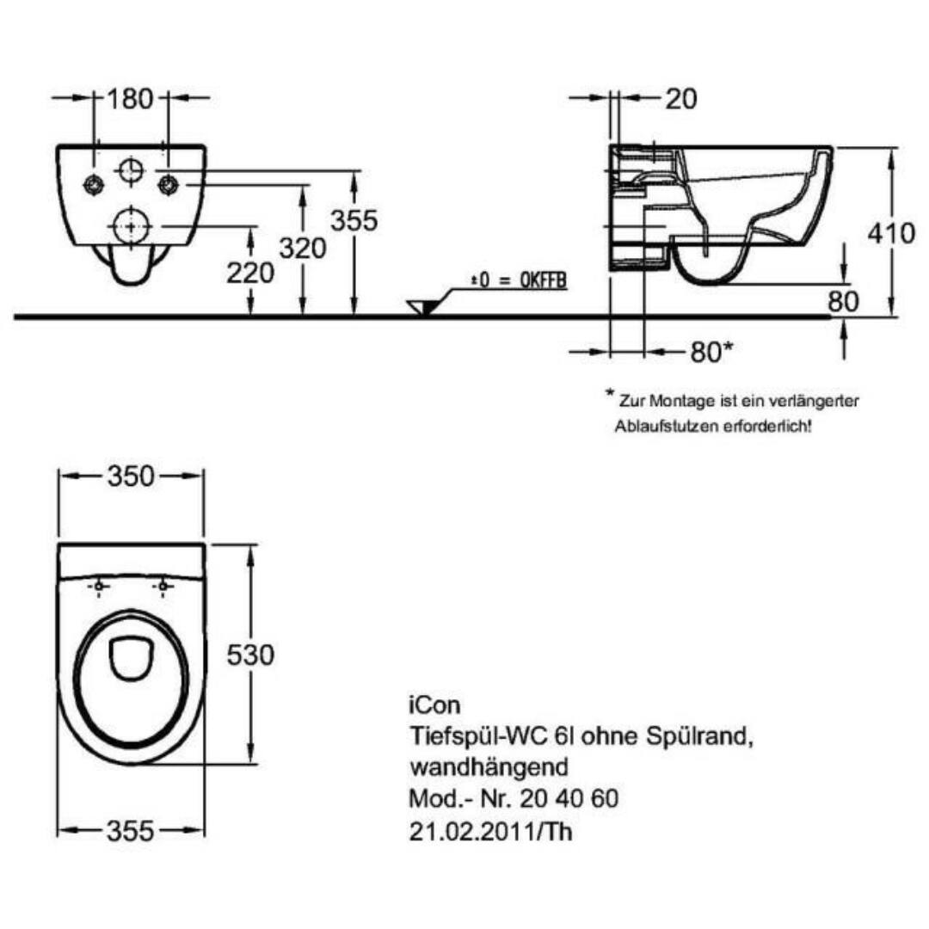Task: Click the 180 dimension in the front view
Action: point(130,98)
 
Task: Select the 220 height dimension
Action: point(250,273)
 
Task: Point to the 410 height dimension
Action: point(891,233)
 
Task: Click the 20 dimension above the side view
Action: point(681,99)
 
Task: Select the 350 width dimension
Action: point(130,476)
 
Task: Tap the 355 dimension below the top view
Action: point(130,831)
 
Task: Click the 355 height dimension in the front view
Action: point(354,221)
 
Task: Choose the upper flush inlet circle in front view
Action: point(130,170)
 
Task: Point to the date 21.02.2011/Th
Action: point(489,831)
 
